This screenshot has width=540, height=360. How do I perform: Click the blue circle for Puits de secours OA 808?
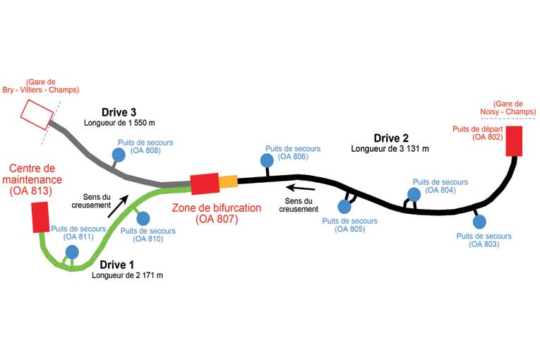(x=120, y=155)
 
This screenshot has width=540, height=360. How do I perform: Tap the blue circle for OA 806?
(x=267, y=161)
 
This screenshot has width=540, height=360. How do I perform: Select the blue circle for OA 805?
(x=344, y=206)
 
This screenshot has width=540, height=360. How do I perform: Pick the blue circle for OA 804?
(x=416, y=194)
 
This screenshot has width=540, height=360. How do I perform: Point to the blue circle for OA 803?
(x=480, y=222)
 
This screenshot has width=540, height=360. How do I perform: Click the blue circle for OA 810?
(x=143, y=218)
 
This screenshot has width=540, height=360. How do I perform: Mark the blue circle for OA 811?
(x=72, y=251)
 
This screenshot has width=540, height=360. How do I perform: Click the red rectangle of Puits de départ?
(x=514, y=140)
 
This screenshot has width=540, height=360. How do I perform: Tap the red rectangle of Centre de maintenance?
(x=40, y=217)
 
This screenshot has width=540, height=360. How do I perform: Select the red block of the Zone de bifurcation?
(x=205, y=184)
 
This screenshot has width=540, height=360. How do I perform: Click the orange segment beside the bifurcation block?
(x=228, y=182)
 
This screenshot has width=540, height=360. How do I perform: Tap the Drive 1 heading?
(x=116, y=265)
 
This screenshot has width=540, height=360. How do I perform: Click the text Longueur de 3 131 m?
(x=390, y=149)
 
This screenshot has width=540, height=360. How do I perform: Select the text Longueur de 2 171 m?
(x=127, y=275)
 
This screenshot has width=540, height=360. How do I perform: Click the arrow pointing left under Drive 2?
(x=300, y=188)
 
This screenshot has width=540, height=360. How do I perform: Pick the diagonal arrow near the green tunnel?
(x=118, y=206)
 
